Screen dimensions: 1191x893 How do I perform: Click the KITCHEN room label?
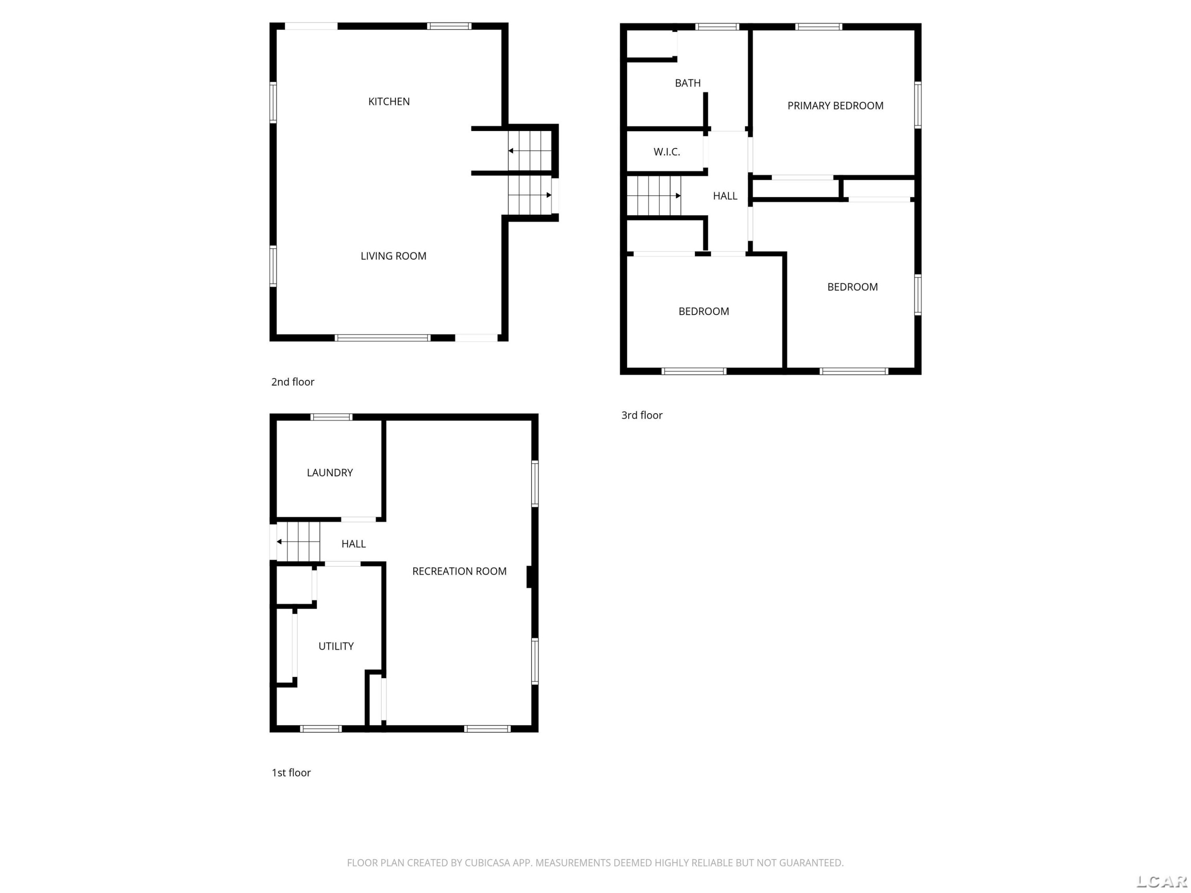pyautogui.click(x=389, y=102)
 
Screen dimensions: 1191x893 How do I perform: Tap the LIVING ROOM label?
pyautogui.click(x=393, y=256)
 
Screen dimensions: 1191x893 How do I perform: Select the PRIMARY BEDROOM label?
pyautogui.click(x=835, y=106)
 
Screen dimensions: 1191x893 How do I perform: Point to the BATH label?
pyautogui.click(x=688, y=83)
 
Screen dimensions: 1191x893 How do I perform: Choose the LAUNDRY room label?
pyautogui.click(x=330, y=473)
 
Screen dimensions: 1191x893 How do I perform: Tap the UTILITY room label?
pyautogui.click(x=336, y=646)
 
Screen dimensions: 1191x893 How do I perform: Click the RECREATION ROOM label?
pyautogui.click(x=459, y=571)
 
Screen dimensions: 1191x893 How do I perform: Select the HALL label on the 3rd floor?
pyautogui.click(x=725, y=196)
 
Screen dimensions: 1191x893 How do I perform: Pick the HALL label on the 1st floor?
pyautogui.click(x=353, y=544)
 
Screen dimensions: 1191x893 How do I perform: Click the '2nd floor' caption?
pyautogui.click(x=292, y=382)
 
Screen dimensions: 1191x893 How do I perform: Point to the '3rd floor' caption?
pyautogui.click(x=642, y=415)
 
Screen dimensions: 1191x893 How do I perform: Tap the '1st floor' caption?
pyautogui.click(x=291, y=772)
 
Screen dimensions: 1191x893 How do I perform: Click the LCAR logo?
pyautogui.click(x=1161, y=881)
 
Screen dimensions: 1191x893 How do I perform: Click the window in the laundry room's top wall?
pyautogui.click(x=331, y=417)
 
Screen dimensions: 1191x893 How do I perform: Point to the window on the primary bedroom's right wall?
pyautogui.click(x=917, y=105)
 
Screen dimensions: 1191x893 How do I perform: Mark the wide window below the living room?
pyautogui.click(x=382, y=338)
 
